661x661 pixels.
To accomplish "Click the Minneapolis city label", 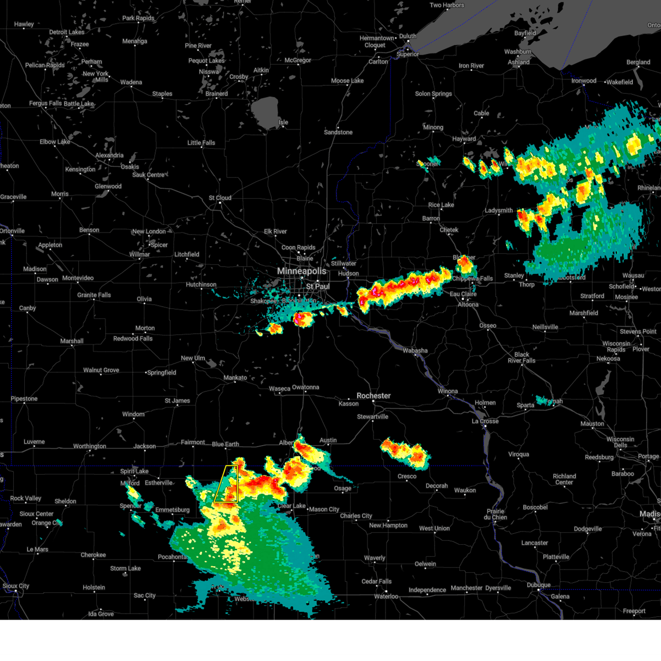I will tap(301, 271).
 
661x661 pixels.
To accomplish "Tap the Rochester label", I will tap(373, 395).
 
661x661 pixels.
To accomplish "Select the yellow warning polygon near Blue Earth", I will tap(227, 485).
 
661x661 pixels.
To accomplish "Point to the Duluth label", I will tap(408, 36).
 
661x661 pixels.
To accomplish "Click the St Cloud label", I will tap(220, 198).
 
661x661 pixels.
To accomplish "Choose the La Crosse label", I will tap(485, 421).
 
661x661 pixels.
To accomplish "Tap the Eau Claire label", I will tap(463, 294).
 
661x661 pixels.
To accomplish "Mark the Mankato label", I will tap(235, 378).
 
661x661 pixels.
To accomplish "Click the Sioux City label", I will tap(16, 586).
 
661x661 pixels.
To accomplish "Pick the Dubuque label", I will tap(538, 585).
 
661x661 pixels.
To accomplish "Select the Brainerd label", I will tap(216, 94).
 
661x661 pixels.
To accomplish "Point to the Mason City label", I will tap(324, 510).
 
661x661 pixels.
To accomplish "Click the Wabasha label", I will tap(415, 350).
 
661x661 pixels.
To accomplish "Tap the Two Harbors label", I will tap(447, 6).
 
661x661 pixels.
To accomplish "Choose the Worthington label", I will tap(90, 446).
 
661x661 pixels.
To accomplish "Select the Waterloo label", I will tap(386, 597).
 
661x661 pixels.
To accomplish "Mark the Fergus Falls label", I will tap(46, 104).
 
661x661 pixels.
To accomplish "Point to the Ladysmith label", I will tap(499, 210).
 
